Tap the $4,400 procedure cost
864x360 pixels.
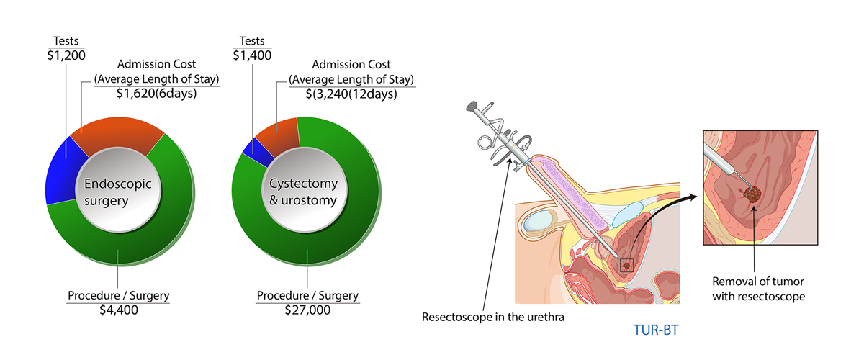[118, 310]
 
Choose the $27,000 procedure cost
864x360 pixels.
[307, 310]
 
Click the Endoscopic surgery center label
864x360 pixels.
[119, 192]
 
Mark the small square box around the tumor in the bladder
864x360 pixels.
[626, 266]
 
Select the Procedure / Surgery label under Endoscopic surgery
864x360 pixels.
[118, 296]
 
